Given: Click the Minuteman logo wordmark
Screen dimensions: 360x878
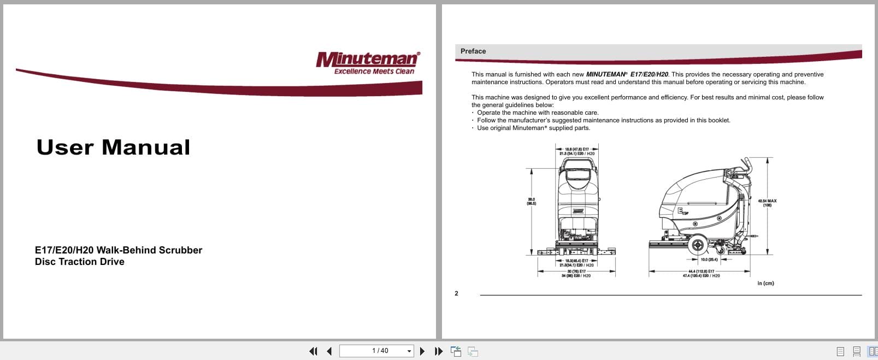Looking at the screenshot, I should (x=367, y=59).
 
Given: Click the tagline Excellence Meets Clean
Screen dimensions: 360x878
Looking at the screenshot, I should (x=374, y=72).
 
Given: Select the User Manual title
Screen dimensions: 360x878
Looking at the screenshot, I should (x=113, y=147).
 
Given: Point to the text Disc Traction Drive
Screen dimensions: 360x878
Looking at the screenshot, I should (x=80, y=262).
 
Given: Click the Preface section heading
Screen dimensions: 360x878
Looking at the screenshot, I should (x=473, y=51).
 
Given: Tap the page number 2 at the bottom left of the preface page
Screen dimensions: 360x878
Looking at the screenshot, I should (x=456, y=293).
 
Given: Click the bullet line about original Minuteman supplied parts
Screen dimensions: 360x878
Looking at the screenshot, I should (x=533, y=128).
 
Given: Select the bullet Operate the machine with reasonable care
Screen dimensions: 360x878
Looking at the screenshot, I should (x=538, y=113).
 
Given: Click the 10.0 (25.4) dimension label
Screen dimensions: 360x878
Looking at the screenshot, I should (x=709, y=259).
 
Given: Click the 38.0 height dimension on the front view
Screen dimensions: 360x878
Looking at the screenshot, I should (x=531, y=202).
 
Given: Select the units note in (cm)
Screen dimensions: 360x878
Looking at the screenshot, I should (x=765, y=283).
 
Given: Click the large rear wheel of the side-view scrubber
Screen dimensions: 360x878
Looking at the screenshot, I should (x=697, y=245).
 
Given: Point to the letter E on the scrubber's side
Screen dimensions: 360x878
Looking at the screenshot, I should (x=680, y=210).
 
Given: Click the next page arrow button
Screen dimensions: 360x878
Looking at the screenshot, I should (x=422, y=351).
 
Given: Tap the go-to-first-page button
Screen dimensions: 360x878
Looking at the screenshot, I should (x=313, y=351).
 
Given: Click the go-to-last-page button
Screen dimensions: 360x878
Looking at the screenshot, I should (x=438, y=351).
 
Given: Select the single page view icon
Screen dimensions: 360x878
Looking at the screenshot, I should (x=840, y=351).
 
